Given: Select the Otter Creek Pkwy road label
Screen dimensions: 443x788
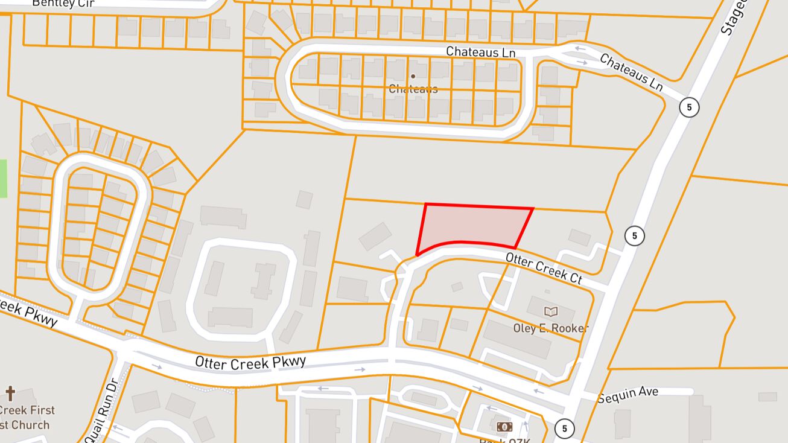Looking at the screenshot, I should [x=250, y=362].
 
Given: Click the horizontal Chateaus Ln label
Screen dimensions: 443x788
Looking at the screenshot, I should [x=481, y=53].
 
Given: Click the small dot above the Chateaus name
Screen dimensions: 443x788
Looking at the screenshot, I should [x=413, y=77].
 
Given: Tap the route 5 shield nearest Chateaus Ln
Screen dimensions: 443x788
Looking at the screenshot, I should [x=688, y=108].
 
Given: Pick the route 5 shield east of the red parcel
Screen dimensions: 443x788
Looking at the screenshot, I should [x=634, y=235].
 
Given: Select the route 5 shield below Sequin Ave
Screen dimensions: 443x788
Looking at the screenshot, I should [x=564, y=429].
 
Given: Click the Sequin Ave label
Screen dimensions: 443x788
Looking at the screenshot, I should [x=628, y=394].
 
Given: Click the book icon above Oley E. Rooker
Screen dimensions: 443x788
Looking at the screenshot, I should [x=551, y=312].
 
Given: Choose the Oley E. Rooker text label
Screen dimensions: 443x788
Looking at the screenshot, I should [x=550, y=328].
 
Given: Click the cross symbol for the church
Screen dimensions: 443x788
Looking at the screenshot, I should [x=10, y=394].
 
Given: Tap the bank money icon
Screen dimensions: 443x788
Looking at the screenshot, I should [x=504, y=427].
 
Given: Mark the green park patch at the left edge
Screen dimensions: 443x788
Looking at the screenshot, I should [x=3, y=178].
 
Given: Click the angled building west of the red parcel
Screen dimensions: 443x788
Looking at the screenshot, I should [x=375, y=236].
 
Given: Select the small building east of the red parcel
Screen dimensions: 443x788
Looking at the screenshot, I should [x=579, y=237].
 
